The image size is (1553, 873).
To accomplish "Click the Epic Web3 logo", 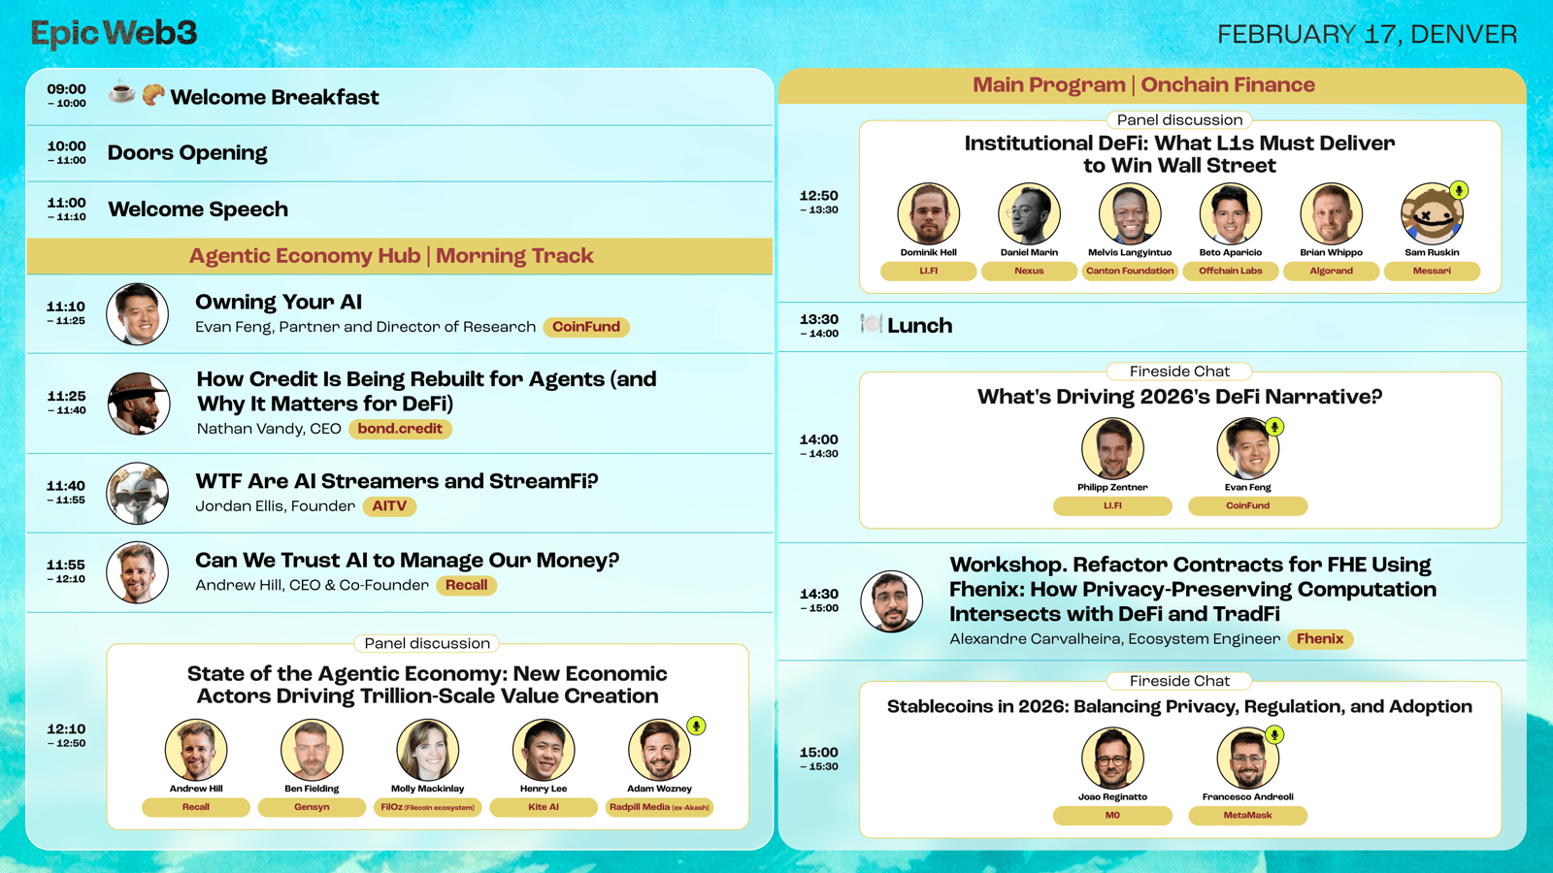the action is [114, 33].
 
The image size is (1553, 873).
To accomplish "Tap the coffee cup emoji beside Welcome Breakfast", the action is [122, 93].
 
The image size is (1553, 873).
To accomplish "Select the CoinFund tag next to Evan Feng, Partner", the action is [586, 327].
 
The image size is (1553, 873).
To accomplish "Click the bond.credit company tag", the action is [400, 429].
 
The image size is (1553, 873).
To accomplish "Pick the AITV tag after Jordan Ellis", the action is [389, 506].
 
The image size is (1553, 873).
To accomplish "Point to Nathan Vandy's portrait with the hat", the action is [139, 404].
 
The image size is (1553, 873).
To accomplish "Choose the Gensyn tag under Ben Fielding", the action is [312, 807].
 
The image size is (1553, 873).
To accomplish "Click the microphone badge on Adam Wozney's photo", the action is [696, 726].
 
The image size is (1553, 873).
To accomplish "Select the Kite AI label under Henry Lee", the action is [544, 807].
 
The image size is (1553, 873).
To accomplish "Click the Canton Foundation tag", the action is [1130, 271].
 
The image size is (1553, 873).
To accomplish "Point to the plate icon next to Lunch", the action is [872, 324].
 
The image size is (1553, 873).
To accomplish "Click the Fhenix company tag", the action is [1320, 639].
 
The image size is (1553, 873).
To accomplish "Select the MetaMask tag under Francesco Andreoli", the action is [1248, 816].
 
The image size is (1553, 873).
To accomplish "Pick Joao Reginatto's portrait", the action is [1112, 759].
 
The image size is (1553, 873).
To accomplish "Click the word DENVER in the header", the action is [1465, 35].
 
